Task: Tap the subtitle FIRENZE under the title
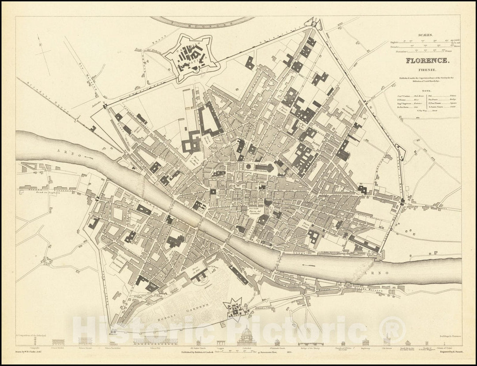pyautogui.click(x=428, y=70)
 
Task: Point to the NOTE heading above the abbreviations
pyautogui.click(x=427, y=87)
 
